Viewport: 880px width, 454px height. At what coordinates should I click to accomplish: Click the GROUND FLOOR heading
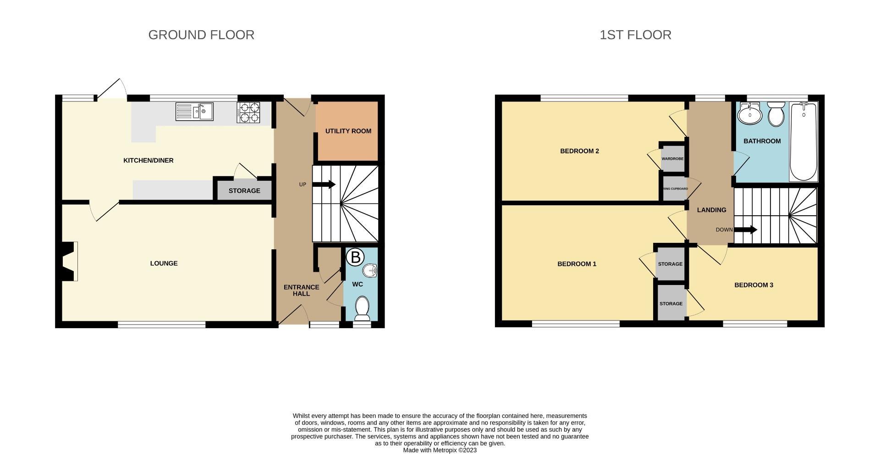point(201,35)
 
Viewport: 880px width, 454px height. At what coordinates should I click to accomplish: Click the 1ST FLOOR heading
point(635,35)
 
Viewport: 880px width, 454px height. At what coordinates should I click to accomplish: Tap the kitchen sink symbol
point(194,112)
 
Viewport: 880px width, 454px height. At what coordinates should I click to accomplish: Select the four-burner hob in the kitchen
point(248,112)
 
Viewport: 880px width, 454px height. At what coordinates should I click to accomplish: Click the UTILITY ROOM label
point(348,131)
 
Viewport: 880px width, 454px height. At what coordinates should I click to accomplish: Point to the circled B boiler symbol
point(355,258)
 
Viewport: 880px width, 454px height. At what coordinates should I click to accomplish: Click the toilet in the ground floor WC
point(363,308)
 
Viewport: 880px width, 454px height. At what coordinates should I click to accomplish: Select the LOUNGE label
point(164,263)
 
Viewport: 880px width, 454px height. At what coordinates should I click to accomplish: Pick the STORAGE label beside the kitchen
point(244,191)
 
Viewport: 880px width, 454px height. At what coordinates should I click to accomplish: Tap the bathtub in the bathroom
point(803,142)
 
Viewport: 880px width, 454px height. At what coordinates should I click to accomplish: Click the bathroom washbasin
point(749,113)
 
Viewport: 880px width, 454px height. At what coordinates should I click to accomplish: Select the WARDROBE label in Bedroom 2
point(672,159)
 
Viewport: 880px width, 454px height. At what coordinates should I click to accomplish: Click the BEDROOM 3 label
point(753,285)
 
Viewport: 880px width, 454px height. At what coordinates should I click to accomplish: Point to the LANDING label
point(711,210)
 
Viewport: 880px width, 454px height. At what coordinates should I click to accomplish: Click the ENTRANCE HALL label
point(301,290)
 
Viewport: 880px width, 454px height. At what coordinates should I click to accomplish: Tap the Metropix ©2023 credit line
point(440,450)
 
